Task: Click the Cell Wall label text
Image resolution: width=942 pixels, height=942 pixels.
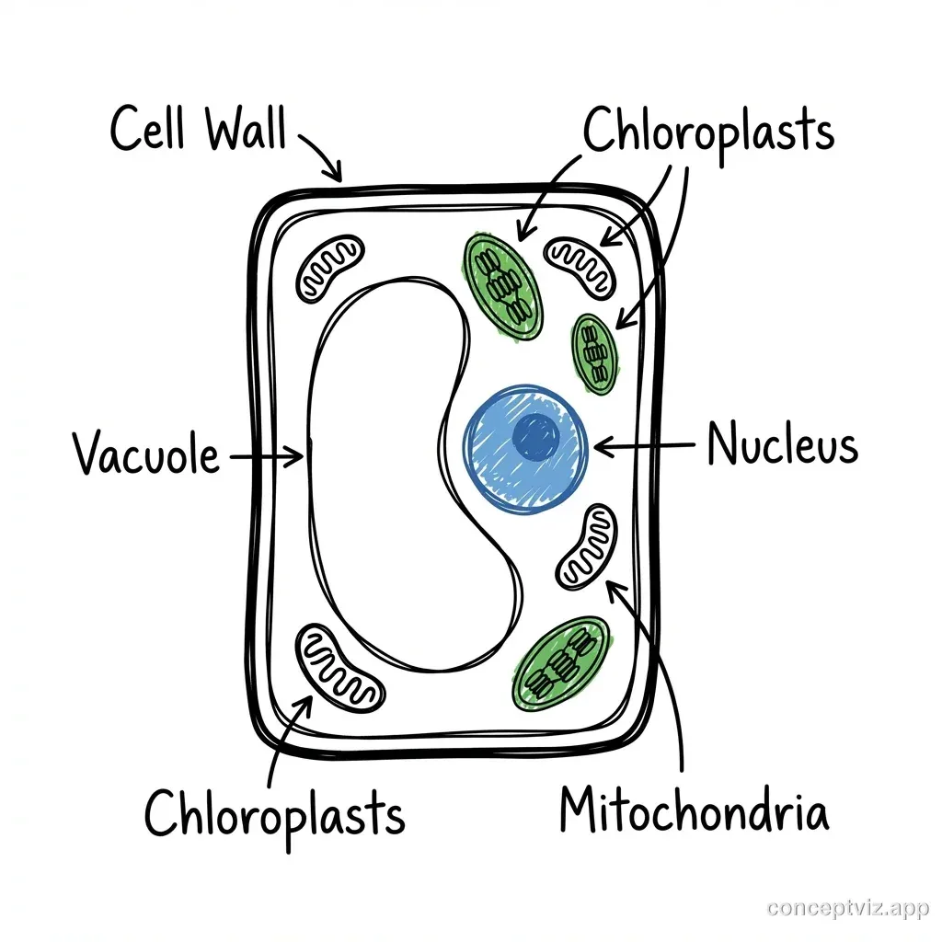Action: [198, 129]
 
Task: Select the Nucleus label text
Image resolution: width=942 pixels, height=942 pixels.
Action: [783, 446]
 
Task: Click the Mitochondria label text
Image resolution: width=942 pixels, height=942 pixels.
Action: [694, 811]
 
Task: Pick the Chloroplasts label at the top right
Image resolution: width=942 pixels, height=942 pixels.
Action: [708, 132]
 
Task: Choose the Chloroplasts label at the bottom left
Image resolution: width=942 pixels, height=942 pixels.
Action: [275, 814]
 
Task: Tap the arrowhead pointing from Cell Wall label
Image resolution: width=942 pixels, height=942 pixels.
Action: [336, 173]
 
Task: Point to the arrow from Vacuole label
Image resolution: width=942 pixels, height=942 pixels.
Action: [267, 454]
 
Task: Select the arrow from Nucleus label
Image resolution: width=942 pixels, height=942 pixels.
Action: [644, 446]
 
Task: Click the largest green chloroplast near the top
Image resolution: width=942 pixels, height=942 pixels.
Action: [501, 282]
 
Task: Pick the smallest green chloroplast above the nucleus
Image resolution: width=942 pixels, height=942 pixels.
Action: [595, 354]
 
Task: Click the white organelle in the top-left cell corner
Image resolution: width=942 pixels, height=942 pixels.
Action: [329, 268]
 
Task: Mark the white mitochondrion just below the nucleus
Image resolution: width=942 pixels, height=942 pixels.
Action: [587, 546]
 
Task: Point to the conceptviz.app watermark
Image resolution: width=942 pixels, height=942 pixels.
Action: [846, 908]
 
